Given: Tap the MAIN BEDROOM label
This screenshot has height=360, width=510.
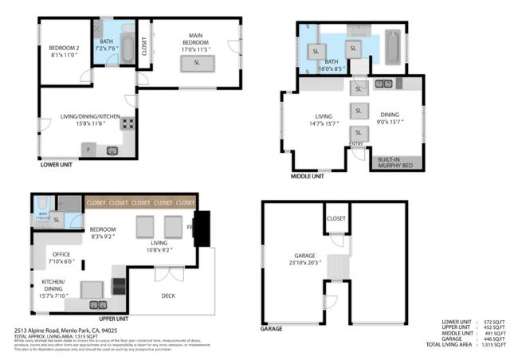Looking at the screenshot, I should point(195,41).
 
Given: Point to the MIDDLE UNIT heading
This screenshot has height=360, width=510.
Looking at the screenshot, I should point(307,175).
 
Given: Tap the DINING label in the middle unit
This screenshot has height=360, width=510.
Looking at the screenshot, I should point(390,119).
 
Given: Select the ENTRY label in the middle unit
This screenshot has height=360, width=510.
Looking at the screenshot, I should point(356,143).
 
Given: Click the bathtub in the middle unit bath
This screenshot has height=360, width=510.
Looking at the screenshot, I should point(393,48).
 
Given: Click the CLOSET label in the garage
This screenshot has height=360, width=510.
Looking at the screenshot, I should point(336,217).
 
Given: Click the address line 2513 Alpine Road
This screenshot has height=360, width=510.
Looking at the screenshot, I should point(65,330).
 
